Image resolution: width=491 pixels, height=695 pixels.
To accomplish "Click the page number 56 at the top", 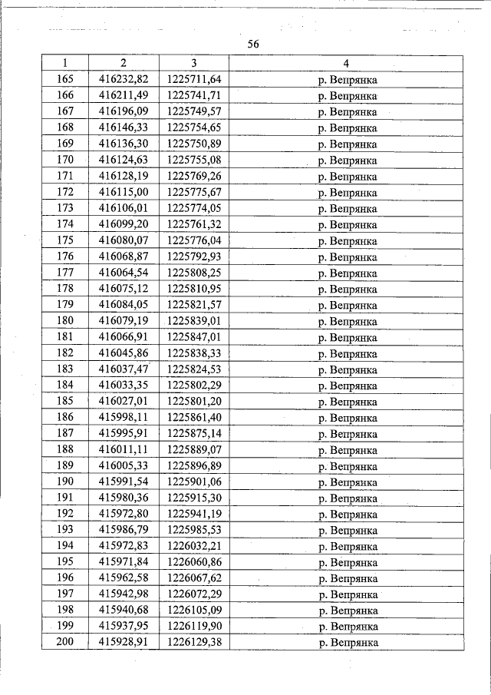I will pos(254,45).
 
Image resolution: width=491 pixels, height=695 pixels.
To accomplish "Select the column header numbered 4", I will pos(346,62).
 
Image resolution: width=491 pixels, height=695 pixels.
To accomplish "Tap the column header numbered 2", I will pos(124,62).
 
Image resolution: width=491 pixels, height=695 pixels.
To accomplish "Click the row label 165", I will pos(65,79).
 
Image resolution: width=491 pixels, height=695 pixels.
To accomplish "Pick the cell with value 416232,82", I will pos(124,79).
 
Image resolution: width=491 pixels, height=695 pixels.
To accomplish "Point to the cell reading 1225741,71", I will pos(194,95).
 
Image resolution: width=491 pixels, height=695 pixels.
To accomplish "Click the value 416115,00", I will pos(124,192).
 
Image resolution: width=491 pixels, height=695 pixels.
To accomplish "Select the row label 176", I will pos(65,256).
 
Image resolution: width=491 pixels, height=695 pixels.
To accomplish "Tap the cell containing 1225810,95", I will pos(194,289).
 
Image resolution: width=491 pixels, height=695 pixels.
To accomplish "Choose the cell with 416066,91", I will pos(124,337).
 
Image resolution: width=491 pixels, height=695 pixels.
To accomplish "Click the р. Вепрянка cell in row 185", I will pos(346,402).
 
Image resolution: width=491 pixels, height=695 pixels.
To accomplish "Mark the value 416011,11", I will pos(124,450).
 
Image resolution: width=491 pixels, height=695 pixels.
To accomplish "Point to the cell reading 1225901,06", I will pos(194,482).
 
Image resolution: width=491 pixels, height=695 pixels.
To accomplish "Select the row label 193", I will pos(65,531).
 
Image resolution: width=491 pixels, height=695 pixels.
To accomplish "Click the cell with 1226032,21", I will pos(194,547).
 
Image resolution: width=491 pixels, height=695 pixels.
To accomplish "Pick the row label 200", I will pos(65,643).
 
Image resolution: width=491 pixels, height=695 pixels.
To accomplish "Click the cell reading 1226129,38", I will pos(194,643).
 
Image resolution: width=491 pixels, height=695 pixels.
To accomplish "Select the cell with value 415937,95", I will pos(124,627).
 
